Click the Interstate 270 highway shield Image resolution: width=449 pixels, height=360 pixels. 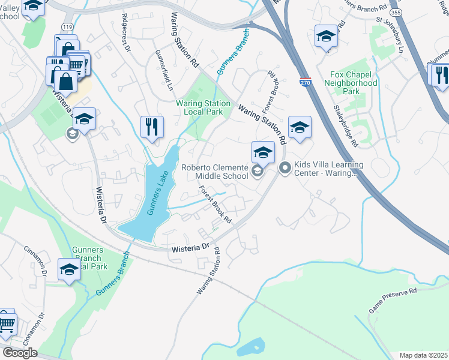(x=306, y=83)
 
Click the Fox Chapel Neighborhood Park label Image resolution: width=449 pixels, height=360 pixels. (x=354, y=83)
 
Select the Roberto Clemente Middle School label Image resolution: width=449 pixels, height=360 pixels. (x=215, y=172)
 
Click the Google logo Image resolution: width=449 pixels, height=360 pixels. (x=19, y=353)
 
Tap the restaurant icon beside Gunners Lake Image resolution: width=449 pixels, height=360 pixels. (x=152, y=127)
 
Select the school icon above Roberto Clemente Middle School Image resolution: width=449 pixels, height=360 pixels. (x=263, y=153)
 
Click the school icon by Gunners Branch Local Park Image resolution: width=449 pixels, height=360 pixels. (x=70, y=270)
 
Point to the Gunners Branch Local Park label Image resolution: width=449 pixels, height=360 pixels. (x=89, y=257)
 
